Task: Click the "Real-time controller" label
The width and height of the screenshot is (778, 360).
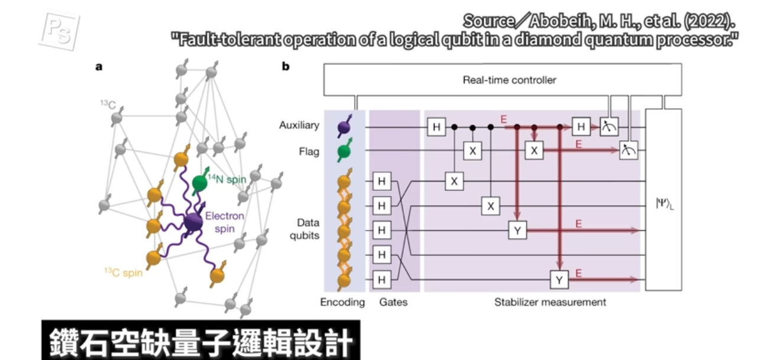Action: [509, 79]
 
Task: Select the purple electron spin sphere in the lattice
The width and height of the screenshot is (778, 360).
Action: [193, 223]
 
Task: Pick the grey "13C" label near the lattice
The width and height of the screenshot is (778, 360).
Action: [108, 105]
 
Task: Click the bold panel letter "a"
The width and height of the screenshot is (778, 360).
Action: [99, 66]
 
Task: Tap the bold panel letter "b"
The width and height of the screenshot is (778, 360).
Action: [286, 66]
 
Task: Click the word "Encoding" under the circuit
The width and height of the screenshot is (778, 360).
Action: [342, 302]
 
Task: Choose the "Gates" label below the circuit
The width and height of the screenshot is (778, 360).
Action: [394, 302]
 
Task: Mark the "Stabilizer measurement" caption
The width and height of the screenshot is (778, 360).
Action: [550, 302]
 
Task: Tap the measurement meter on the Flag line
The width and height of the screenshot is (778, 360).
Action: [628, 151]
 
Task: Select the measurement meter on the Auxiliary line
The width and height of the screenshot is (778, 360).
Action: [608, 127]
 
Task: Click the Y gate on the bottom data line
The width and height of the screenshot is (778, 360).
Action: [559, 280]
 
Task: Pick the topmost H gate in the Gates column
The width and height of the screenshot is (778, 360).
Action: [381, 181]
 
